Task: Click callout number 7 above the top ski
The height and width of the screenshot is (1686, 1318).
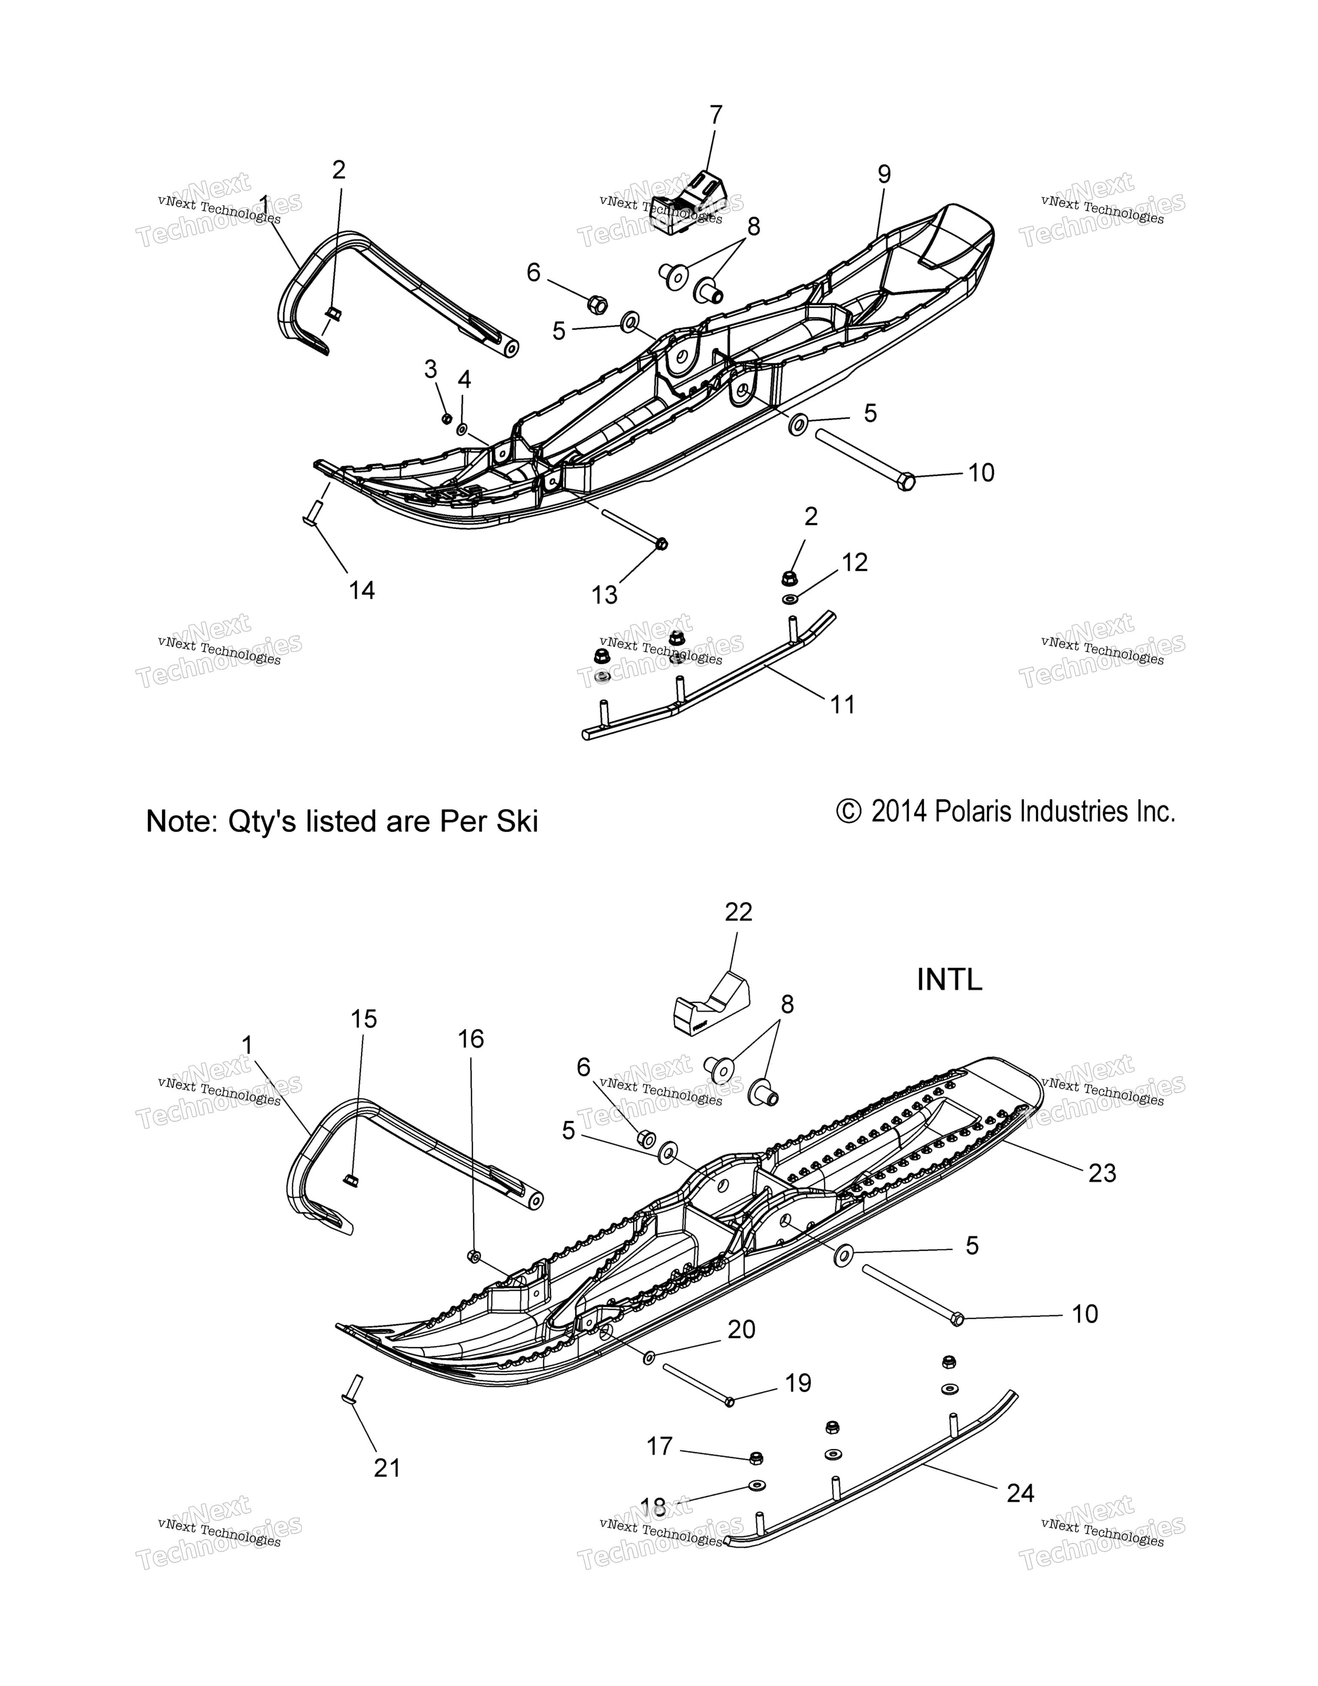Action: [x=716, y=114]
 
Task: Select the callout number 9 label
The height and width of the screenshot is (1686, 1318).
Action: [x=884, y=175]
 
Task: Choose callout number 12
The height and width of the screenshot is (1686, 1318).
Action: [x=855, y=562]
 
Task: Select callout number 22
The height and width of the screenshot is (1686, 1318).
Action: [x=738, y=912]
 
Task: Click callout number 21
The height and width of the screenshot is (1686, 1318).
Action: [x=387, y=1468]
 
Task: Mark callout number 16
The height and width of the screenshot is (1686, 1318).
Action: [x=471, y=1039]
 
